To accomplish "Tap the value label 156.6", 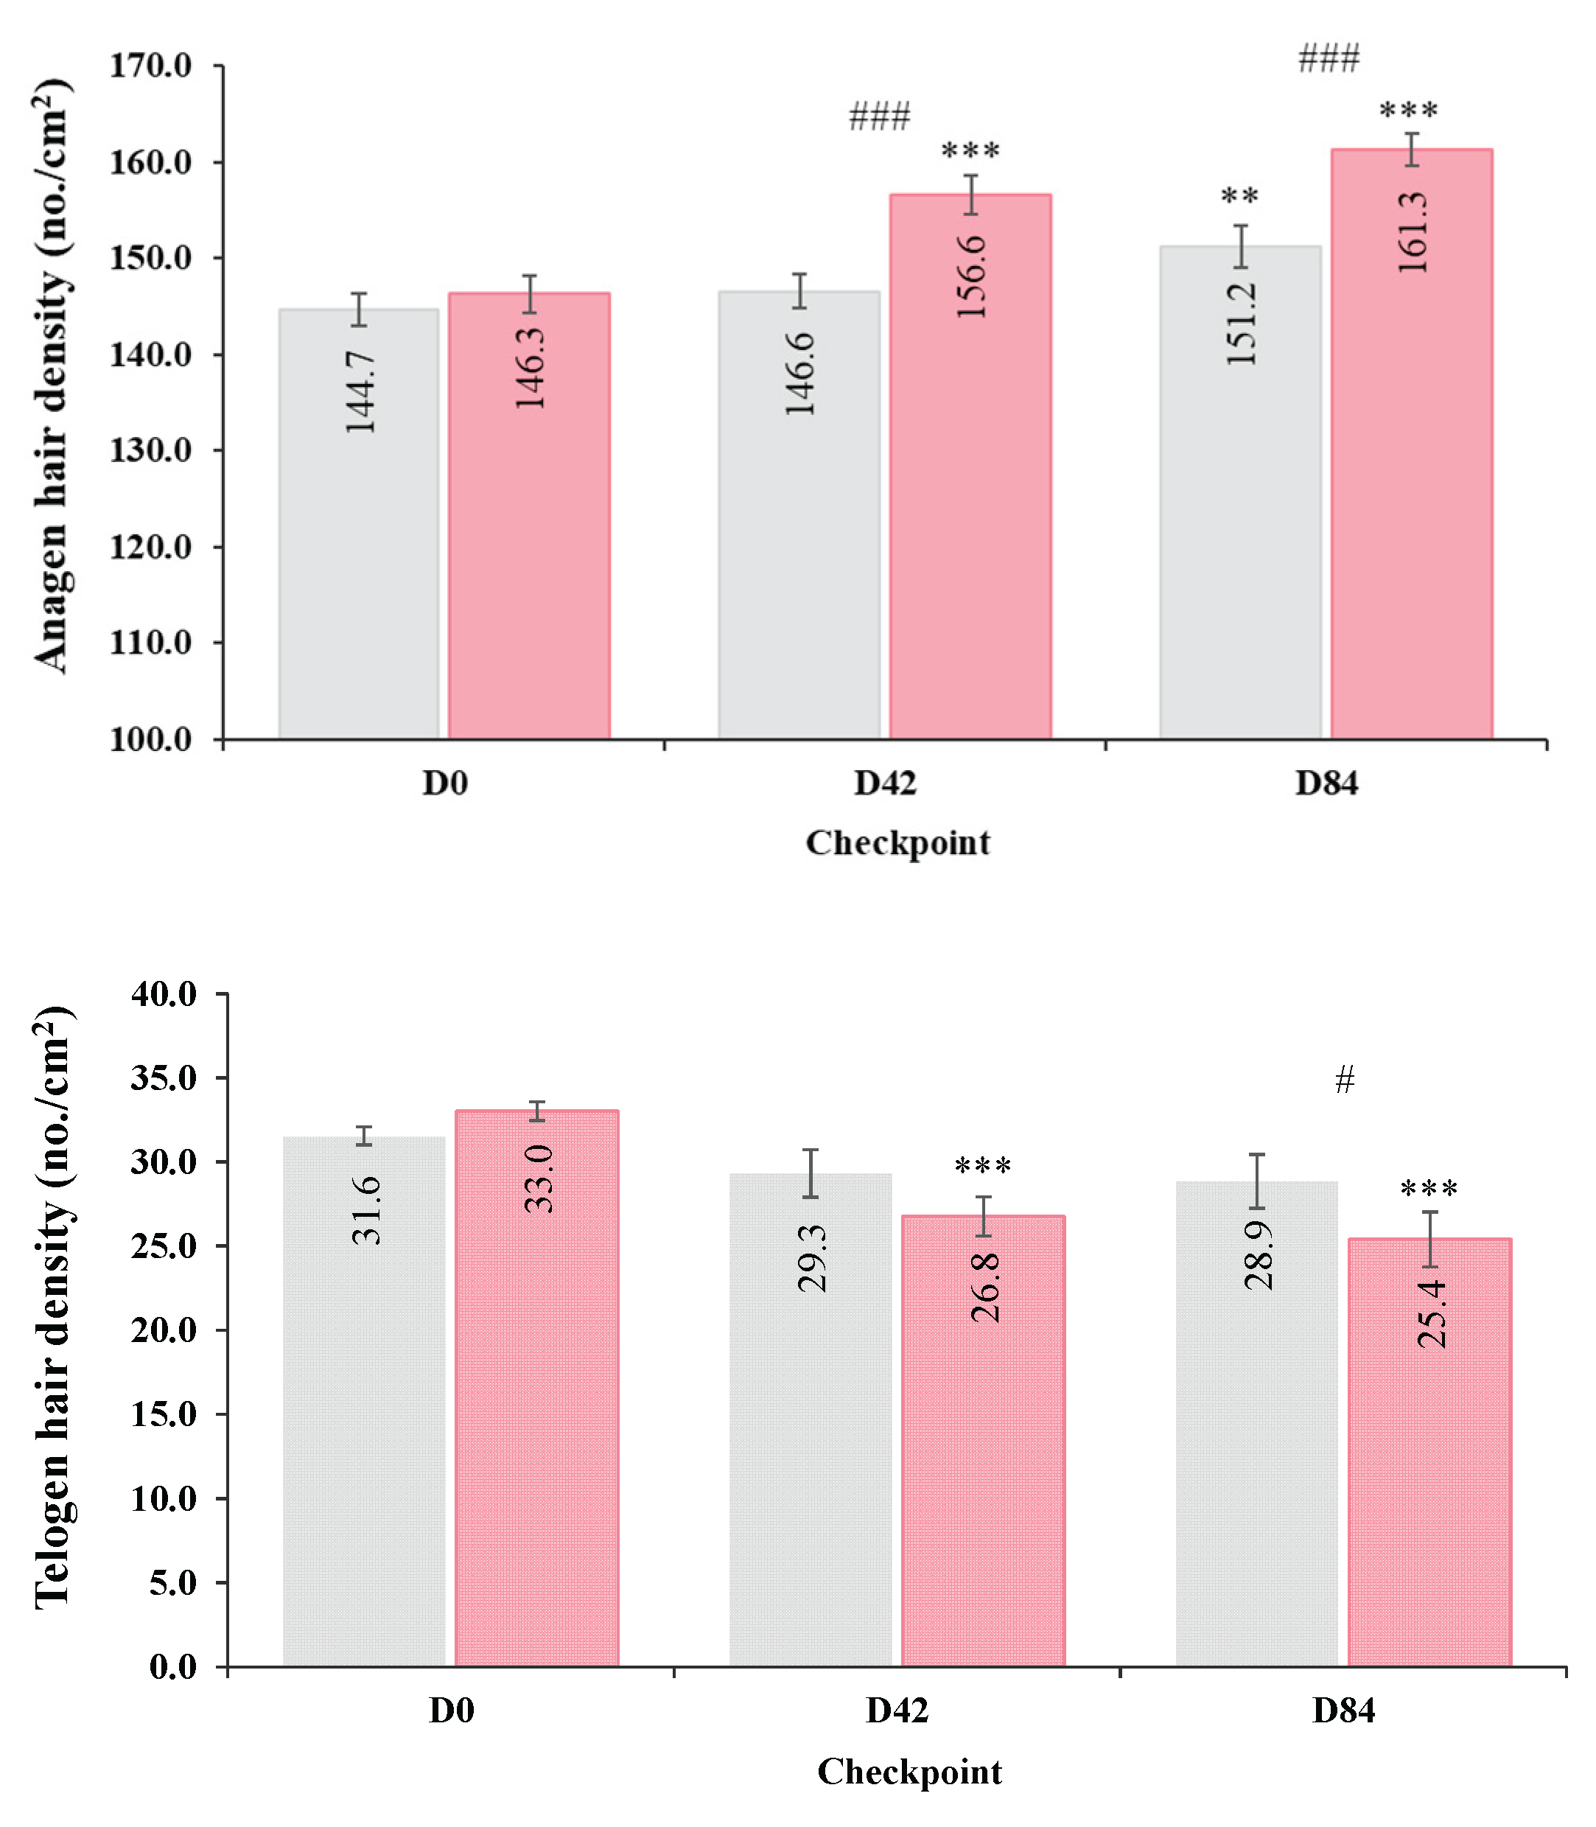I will point(970,276).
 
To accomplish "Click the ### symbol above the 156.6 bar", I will point(880,116).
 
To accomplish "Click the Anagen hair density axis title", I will point(52,374).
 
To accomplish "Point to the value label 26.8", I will point(985,1288).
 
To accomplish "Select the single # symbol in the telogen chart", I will point(1345,1080).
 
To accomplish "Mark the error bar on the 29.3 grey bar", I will point(811,1174).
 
